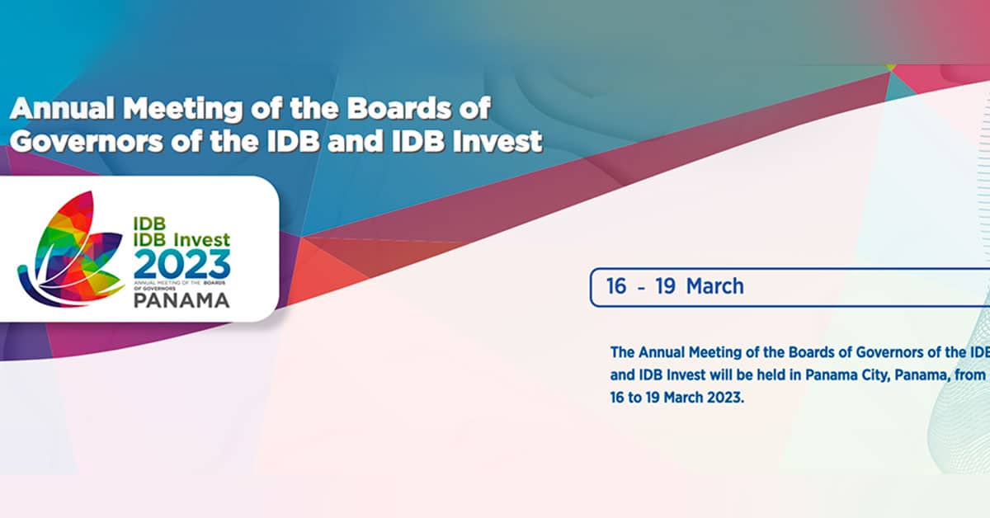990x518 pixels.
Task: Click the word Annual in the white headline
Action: (x=63, y=108)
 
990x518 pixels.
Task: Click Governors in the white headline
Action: (x=87, y=141)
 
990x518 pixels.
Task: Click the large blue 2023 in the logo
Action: (x=181, y=264)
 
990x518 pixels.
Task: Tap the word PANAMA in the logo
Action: (x=181, y=300)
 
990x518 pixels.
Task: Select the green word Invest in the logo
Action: (x=202, y=239)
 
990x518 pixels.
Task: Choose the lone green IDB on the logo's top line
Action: (x=149, y=224)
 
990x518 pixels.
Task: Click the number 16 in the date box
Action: (x=616, y=286)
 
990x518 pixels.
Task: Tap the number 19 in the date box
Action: (x=665, y=286)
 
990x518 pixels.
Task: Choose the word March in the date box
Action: (x=715, y=286)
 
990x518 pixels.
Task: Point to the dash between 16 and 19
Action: (x=641, y=289)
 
